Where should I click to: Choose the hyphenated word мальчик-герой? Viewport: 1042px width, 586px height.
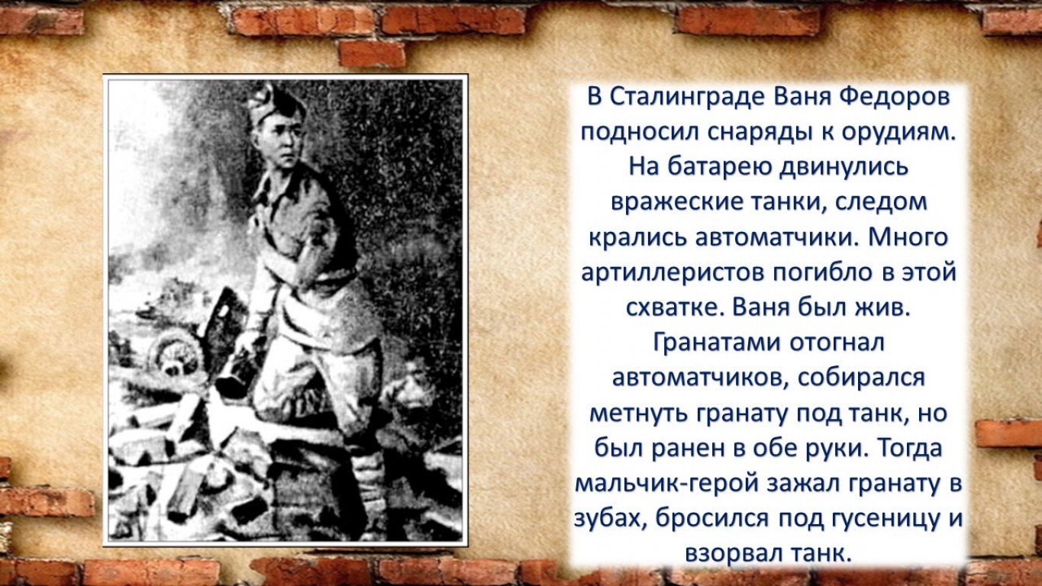(x=665, y=484)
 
